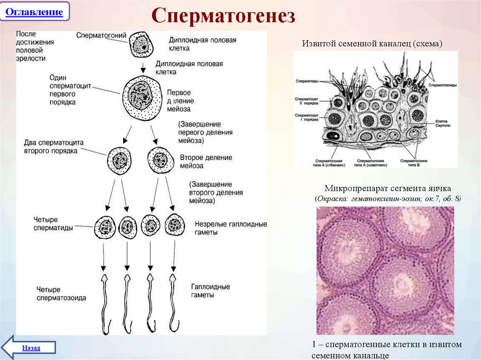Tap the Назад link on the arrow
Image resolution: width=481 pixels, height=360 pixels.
tap(31, 348)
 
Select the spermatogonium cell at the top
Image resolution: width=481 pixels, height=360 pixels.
tap(140, 45)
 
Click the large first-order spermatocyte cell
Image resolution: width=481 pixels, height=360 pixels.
tap(140, 96)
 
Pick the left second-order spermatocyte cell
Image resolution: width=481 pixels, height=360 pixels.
tap(119, 161)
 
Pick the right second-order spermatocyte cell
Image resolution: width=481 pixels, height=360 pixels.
tap(160, 161)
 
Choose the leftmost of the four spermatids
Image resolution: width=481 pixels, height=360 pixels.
tap(105, 227)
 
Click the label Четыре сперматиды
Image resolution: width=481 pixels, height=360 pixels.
tap(53, 223)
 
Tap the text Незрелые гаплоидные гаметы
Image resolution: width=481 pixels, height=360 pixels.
tap(229, 228)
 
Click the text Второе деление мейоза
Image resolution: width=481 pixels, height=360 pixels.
tap(206, 161)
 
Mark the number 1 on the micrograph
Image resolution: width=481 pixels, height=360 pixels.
tap(413, 264)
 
